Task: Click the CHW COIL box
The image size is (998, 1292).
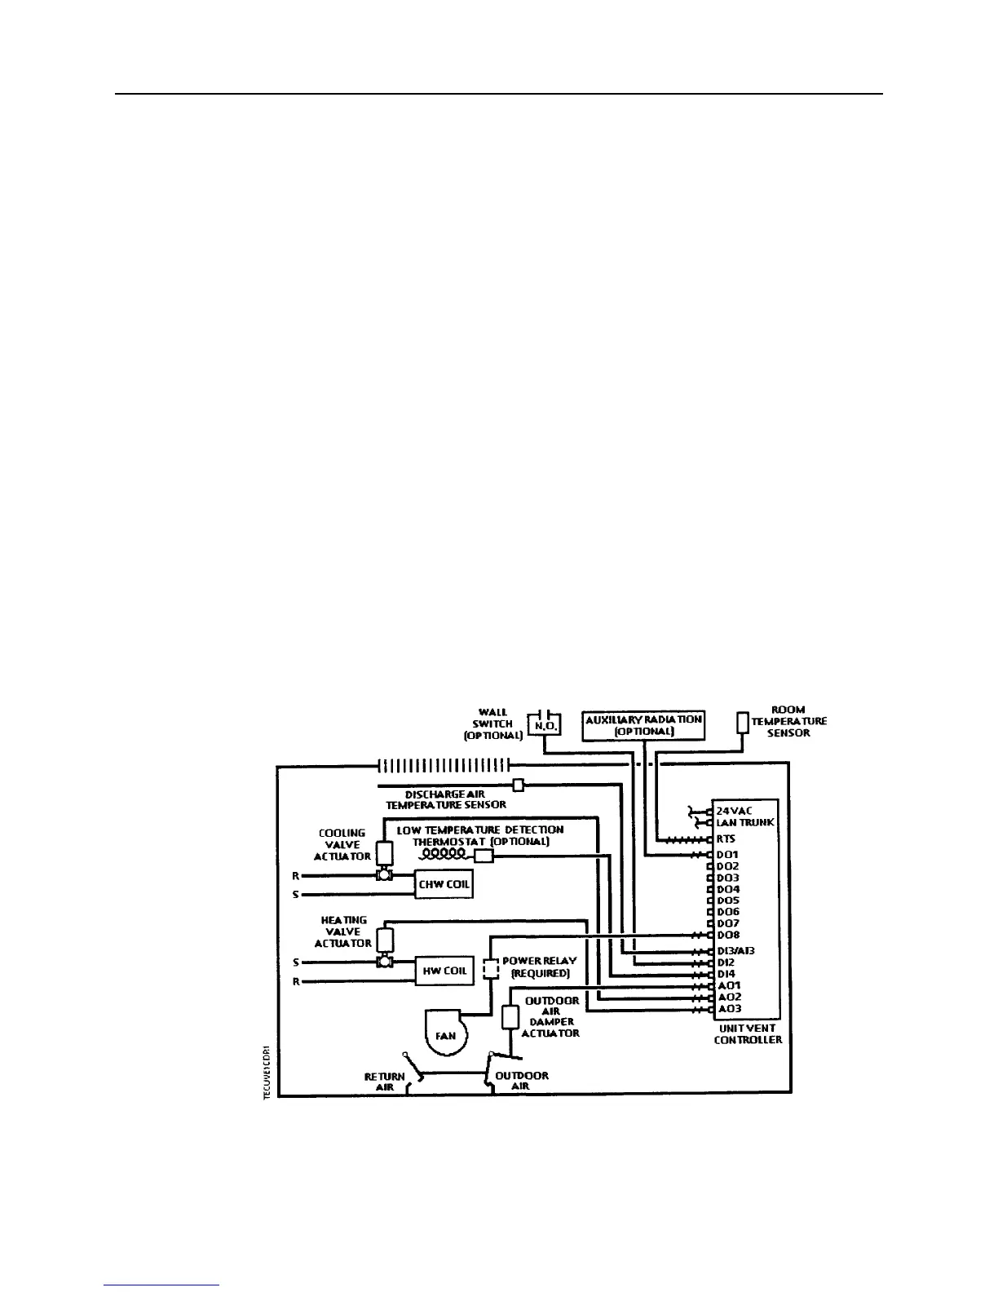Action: (x=444, y=884)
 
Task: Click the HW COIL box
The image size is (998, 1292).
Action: (x=444, y=971)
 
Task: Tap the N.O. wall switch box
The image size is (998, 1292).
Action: (x=543, y=723)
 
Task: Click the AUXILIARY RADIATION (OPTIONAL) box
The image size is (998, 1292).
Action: (x=643, y=725)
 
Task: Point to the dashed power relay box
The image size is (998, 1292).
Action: (x=490, y=969)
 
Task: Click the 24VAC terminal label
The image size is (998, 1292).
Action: (x=734, y=811)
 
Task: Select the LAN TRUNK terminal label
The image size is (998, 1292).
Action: (x=745, y=822)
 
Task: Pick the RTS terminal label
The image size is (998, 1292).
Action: (x=726, y=838)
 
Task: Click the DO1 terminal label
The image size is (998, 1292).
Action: (x=727, y=855)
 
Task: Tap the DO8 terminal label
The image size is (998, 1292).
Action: (x=727, y=935)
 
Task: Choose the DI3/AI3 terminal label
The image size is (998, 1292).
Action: (x=736, y=951)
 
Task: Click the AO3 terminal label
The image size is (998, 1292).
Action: (x=728, y=1009)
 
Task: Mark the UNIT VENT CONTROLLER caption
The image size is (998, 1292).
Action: (x=748, y=1034)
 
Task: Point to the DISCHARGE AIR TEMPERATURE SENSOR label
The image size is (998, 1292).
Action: (x=446, y=799)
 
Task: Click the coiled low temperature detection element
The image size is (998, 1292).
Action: (x=444, y=854)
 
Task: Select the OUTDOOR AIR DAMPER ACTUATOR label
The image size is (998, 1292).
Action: (x=552, y=1017)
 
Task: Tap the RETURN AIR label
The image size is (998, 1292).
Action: (x=384, y=1082)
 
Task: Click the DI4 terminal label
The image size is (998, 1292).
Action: (x=726, y=974)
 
